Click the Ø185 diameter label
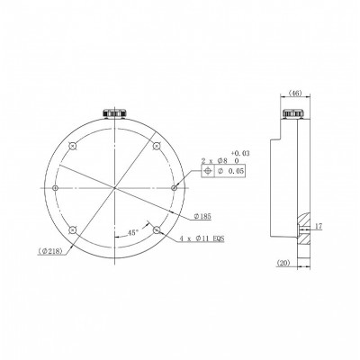202,218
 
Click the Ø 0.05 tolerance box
233,170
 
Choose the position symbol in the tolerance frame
210,170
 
